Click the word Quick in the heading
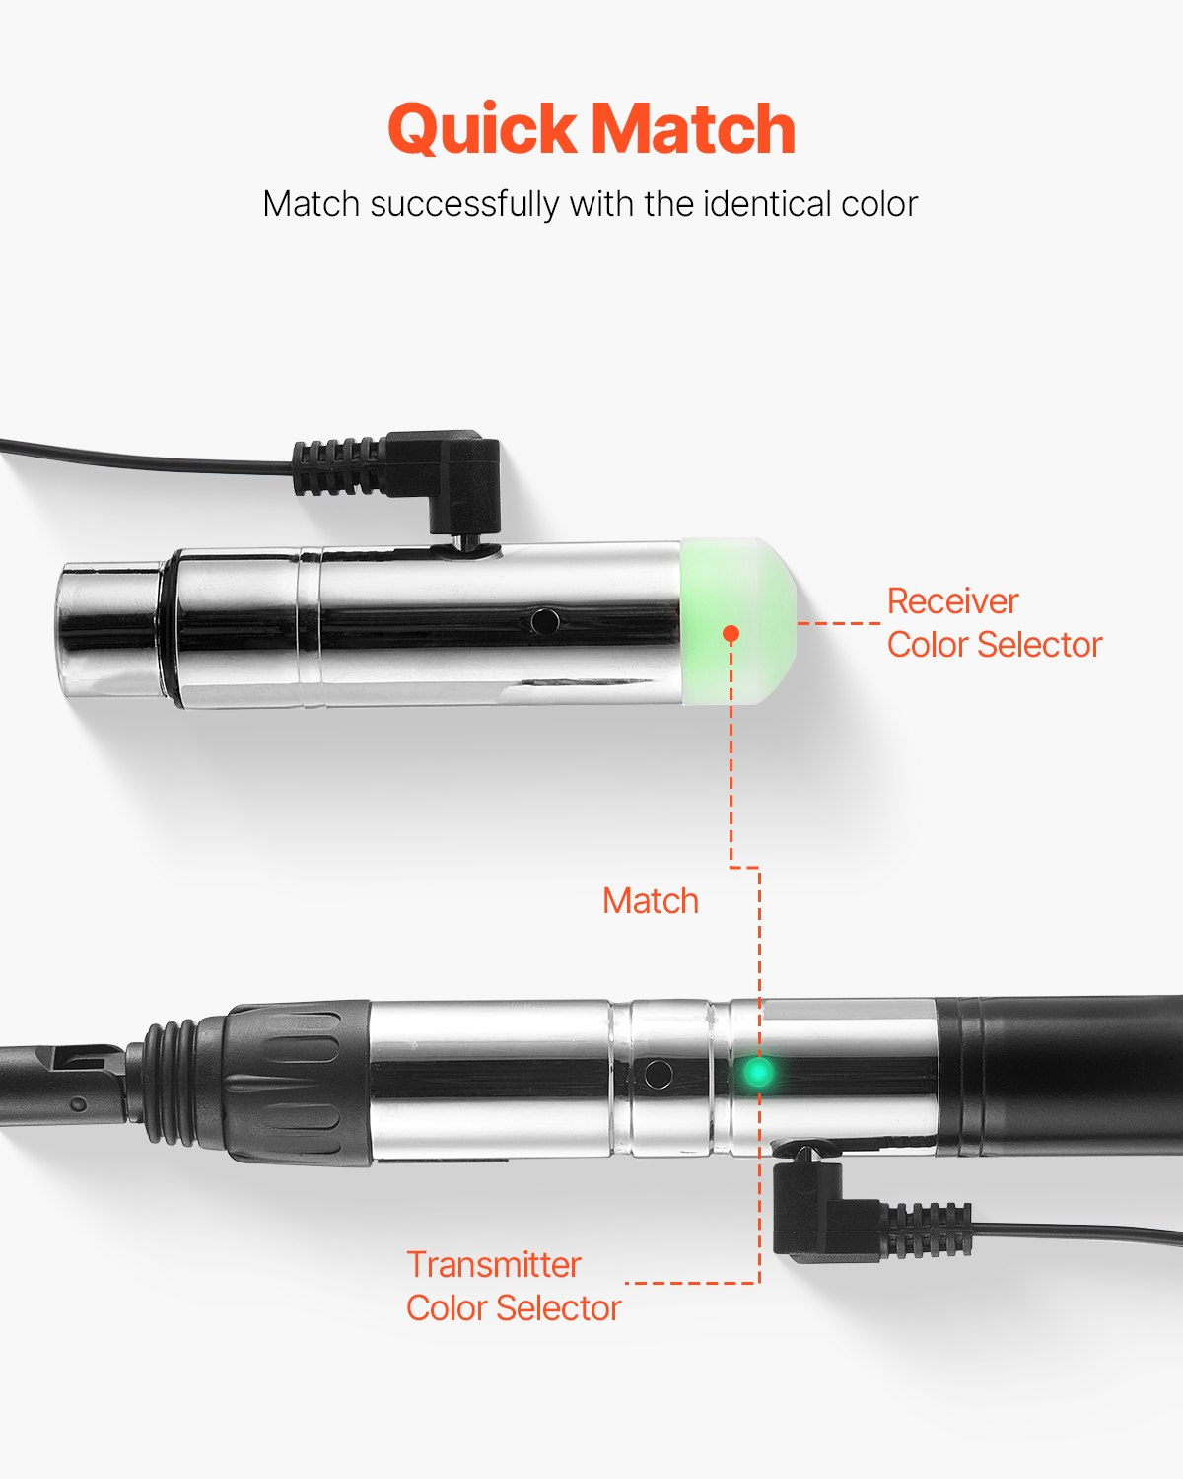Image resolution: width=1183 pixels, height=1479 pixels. coord(482,128)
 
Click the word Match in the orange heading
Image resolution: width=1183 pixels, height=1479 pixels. coord(694,128)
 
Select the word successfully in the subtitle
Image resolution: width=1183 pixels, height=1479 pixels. coord(464,205)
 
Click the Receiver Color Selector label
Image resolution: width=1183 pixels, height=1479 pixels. coord(994,623)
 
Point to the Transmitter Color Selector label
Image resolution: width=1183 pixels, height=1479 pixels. coord(514,1287)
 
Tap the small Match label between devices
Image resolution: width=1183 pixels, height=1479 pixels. coord(651,901)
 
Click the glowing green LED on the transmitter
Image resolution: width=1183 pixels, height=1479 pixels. coord(758,1072)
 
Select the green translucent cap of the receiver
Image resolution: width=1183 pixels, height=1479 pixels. coord(738,621)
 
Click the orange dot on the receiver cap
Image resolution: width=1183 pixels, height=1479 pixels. coord(731,633)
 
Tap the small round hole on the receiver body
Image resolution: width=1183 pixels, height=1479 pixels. coord(544,621)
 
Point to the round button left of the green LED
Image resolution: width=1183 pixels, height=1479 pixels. coord(658,1073)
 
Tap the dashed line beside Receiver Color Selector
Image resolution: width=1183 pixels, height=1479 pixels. coord(839,623)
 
